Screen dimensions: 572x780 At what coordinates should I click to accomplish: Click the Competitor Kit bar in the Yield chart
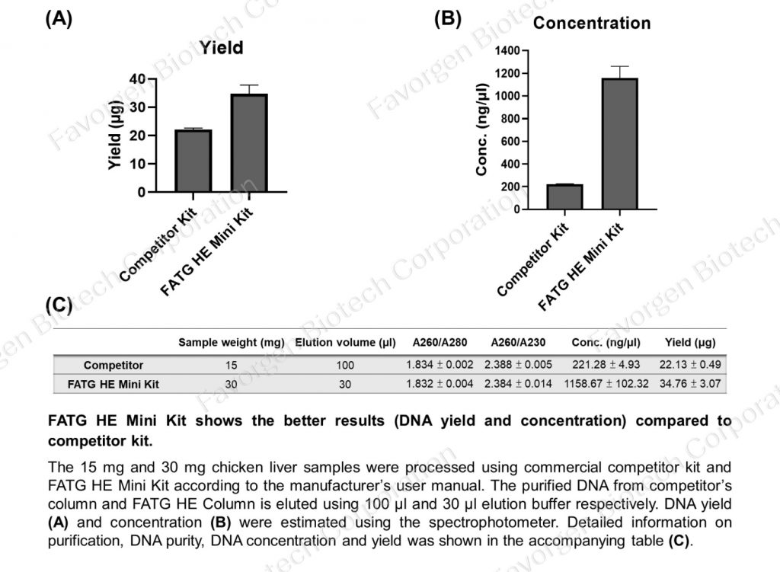click(x=193, y=161)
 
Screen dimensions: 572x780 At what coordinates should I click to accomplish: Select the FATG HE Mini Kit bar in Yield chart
click(x=249, y=143)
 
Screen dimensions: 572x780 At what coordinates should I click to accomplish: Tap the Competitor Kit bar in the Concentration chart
click(x=564, y=197)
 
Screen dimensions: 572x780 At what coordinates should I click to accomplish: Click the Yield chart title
click(x=222, y=48)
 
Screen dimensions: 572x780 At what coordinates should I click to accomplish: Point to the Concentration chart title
click(x=591, y=23)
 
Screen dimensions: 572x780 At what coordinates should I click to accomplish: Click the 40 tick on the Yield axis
click(x=137, y=78)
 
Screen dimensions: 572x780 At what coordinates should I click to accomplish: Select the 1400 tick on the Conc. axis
click(x=507, y=50)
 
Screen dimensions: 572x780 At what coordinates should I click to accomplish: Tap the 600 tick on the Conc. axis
click(x=510, y=141)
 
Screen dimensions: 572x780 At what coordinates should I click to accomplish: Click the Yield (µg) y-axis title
click(x=115, y=135)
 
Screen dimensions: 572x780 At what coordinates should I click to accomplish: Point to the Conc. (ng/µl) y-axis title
click(x=481, y=129)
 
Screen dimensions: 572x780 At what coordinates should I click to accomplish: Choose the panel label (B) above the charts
click(x=448, y=19)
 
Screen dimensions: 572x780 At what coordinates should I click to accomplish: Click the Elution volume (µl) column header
click(x=345, y=343)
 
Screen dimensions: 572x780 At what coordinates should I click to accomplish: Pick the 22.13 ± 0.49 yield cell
click(x=690, y=365)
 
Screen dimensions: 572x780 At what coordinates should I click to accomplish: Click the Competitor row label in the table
click(x=113, y=366)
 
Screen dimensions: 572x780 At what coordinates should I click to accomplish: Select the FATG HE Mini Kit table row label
click(x=113, y=384)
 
